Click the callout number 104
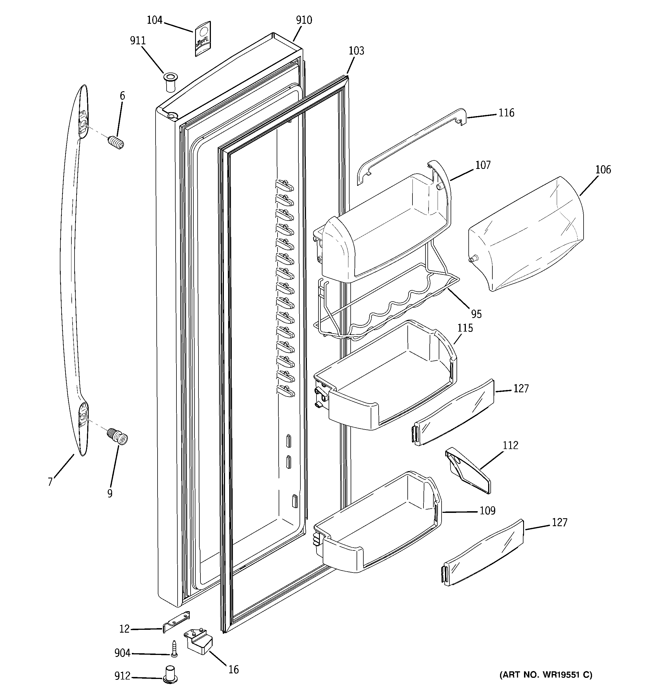(154, 20)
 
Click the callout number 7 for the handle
(50, 481)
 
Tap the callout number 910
(304, 20)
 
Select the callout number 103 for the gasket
(356, 51)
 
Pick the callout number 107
(483, 165)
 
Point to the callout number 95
(476, 314)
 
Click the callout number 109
(487, 511)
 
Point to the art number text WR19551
(546, 675)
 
